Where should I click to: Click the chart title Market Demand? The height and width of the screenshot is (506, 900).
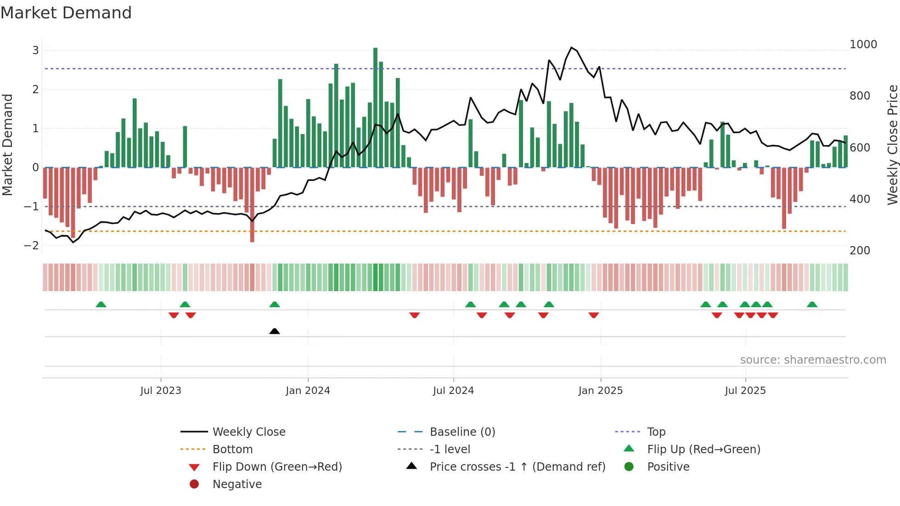click(x=66, y=13)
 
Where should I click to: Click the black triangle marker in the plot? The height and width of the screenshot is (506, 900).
click(x=275, y=331)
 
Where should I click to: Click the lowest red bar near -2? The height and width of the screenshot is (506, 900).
click(x=252, y=205)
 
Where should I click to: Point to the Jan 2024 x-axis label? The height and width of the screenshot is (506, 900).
click(x=308, y=391)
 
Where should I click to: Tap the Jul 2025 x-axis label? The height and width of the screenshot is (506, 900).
click(x=745, y=391)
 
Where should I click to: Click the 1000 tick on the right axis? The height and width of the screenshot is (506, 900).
click(x=863, y=45)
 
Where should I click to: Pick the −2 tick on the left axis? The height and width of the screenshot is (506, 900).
click(x=32, y=246)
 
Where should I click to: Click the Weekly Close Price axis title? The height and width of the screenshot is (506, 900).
click(x=892, y=145)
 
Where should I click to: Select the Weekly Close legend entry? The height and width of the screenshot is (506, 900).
click(x=248, y=432)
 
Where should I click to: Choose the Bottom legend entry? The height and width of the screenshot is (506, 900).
click(x=232, y=450)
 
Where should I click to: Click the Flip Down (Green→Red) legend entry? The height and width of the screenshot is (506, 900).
click(x=277, y=467)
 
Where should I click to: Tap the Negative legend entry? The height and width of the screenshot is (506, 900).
click(x=237, y=484)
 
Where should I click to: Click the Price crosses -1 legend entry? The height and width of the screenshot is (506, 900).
click(x=517, y=467)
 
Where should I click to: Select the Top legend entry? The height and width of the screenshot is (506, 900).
click(x=656, y=432)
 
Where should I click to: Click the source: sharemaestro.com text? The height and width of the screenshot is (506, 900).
click(x=813, y=360)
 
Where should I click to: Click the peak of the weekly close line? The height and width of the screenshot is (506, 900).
click(x=571, y=48)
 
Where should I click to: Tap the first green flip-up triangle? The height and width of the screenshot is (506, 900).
click(x=101, y=304)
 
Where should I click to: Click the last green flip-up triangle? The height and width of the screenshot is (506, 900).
click(x=812, y=304)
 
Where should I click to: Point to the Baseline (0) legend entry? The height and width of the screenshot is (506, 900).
click(x=462, y=432)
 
